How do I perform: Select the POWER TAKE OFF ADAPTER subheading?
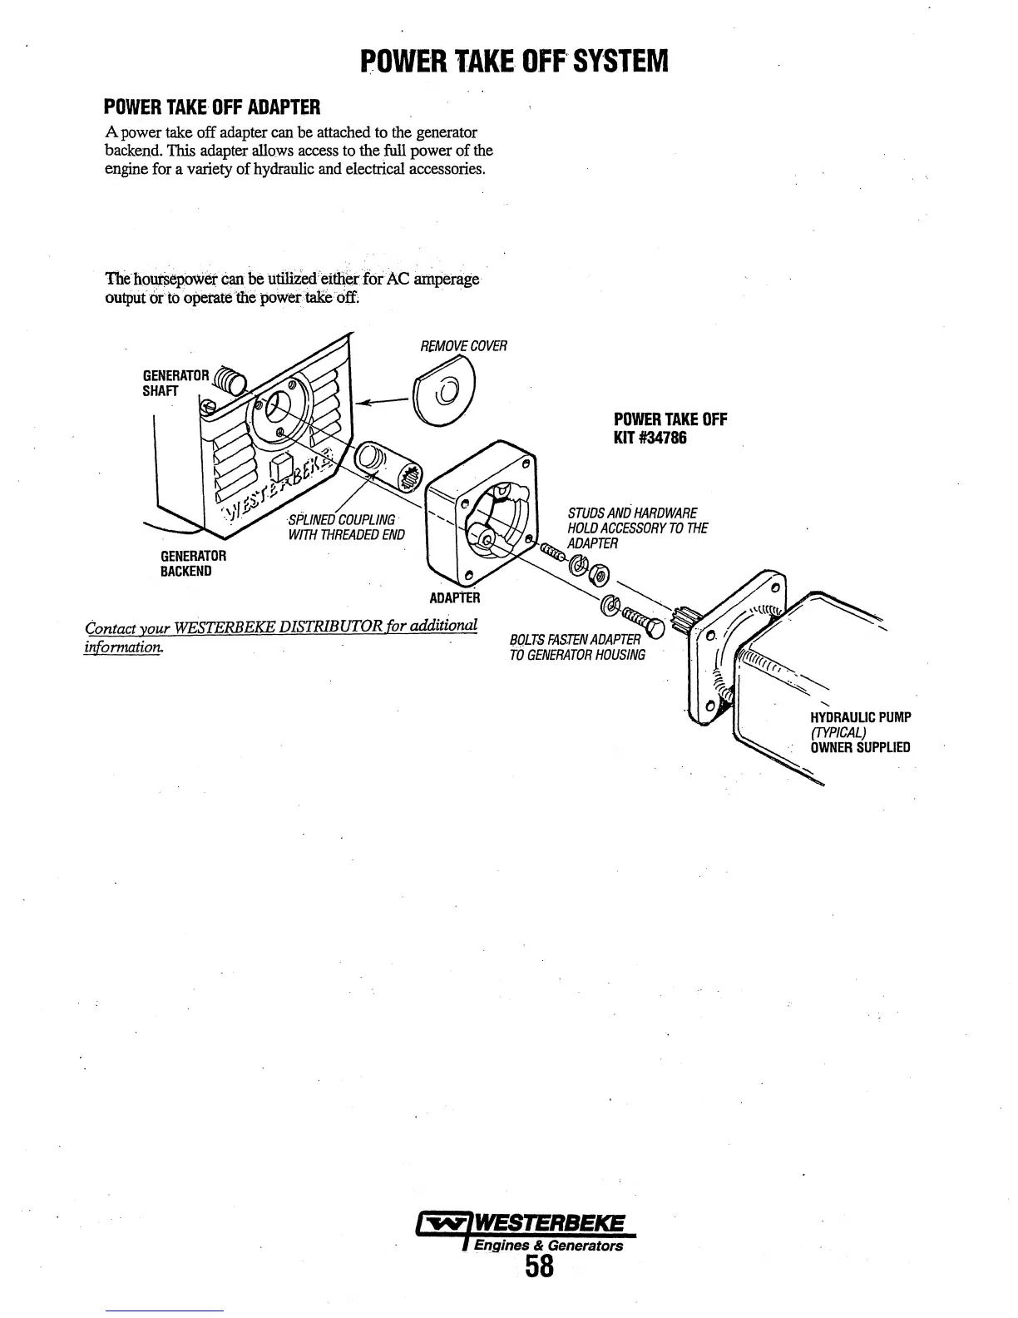211,107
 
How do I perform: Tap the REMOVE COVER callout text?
463,346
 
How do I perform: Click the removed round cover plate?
442,393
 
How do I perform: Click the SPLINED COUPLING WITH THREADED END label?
345,527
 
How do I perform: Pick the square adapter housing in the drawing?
481,516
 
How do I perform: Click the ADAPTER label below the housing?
454,597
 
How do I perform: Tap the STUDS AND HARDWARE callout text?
636,528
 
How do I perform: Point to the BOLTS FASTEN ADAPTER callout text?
576,647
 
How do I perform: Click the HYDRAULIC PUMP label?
861,717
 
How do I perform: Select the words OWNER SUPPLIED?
860,747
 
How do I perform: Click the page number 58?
539,1268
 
